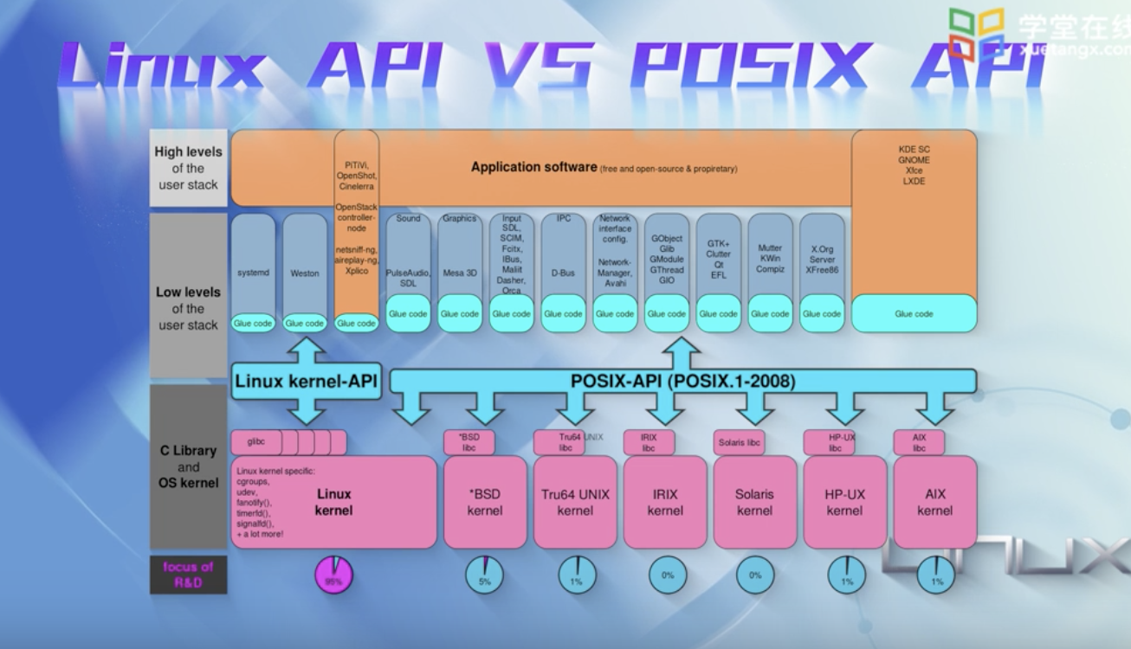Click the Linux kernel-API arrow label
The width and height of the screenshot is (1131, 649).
(x=307, y=382)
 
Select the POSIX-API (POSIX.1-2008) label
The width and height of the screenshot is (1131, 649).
(x=683, y=381)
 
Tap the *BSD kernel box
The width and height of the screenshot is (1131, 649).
(x=484, y=503)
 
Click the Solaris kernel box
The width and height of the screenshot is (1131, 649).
(x=754, y=503)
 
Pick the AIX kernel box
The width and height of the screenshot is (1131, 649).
(x=935, y=503)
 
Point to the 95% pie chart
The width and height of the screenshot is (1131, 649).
(x=333, y=575)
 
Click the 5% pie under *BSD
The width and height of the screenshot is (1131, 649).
(x=484, y=575)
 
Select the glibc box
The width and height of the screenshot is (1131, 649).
(x=255, y=442)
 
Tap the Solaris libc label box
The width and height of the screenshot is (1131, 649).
(x=740, y=442)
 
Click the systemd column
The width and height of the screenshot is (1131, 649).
(x=253, y=273)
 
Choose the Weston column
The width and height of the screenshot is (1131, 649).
(x=305, y=273)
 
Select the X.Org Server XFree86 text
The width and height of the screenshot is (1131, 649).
(x=821, y=260)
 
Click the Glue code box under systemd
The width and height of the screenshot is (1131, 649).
(x=253, y=324)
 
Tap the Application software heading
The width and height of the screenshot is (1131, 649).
(x=533, y=167)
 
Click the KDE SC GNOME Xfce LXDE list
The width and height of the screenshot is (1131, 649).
(x=914, y=165)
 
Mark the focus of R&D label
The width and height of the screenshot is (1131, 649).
(x=188, y=575)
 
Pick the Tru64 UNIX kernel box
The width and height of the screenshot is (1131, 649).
(x=575, y=503)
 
